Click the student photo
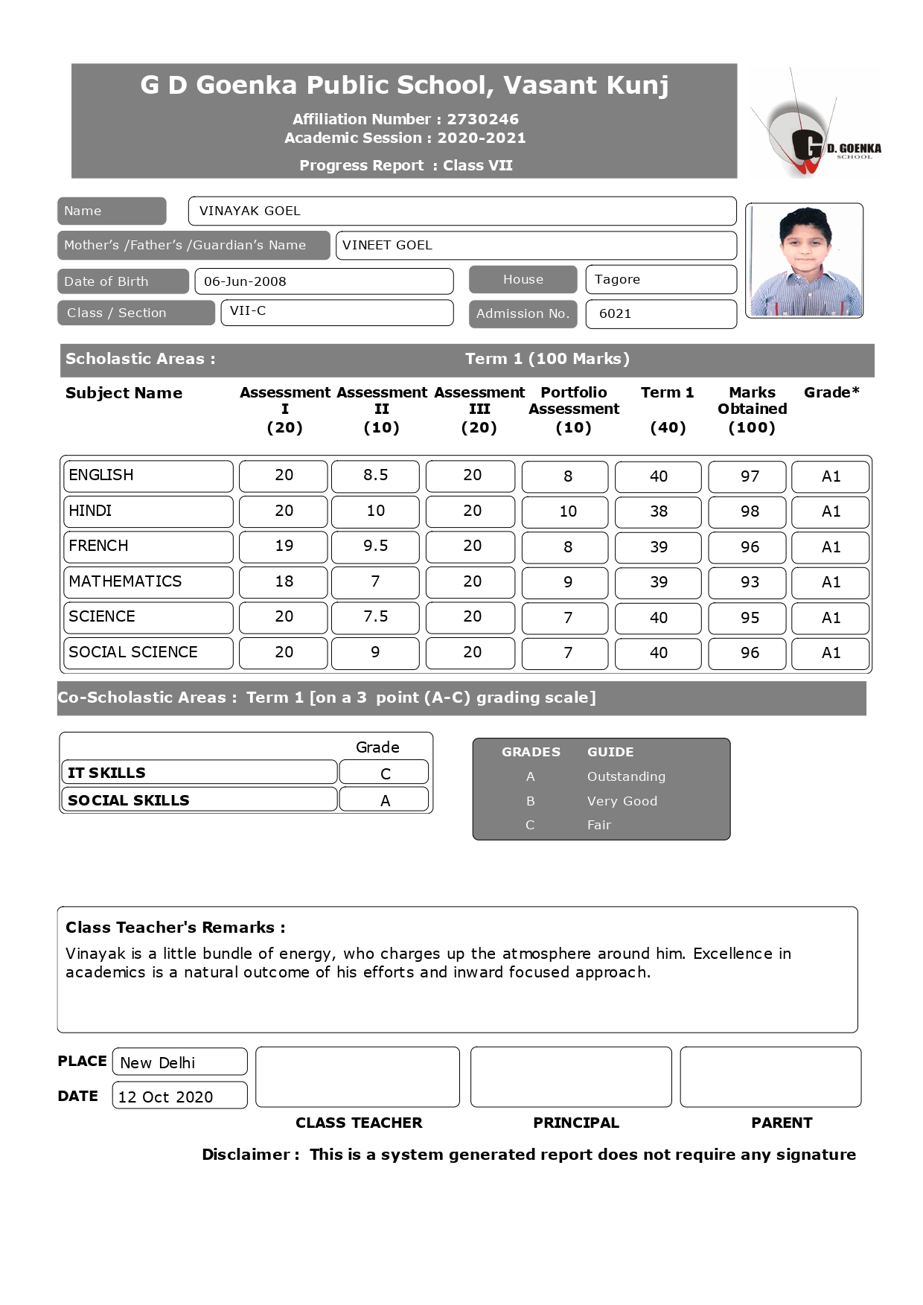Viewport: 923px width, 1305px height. [804, 261]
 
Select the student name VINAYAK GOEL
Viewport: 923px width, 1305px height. [250, 211]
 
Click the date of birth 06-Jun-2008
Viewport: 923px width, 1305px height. [245, 281]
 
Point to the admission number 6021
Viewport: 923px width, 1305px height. [615, 313]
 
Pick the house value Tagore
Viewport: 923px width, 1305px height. [617, 279]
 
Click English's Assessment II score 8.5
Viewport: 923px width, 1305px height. [375, 476]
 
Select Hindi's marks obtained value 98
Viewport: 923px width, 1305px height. [750, 511]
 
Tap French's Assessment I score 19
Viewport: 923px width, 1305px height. [284, 546]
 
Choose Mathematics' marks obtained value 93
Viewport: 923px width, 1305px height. [750, 582]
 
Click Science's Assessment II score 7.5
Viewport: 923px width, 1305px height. [375, 617]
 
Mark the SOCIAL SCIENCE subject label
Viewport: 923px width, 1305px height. [133, 652]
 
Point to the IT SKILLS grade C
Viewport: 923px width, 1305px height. [385, 773]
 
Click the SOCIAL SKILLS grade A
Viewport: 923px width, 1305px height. [385, 800]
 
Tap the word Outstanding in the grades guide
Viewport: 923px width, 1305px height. [626, 776]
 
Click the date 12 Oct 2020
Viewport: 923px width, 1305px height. [165, 1097]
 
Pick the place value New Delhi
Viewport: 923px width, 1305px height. [158, 1063]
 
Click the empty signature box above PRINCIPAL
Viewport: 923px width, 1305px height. [571, 1076]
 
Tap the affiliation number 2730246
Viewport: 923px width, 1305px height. [482, 119]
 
